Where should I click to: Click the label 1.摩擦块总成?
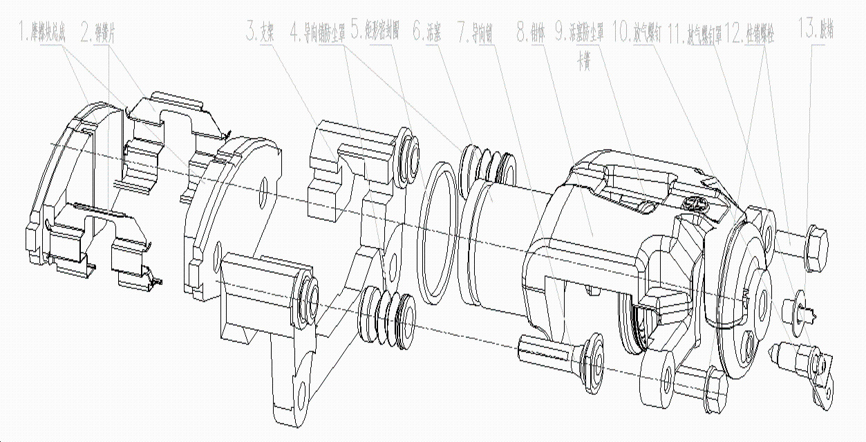(x=43, y=33)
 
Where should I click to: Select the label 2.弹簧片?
(x=97, y=33)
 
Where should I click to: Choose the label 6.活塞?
(x=426, y=33)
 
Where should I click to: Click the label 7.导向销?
(x=475, y=33)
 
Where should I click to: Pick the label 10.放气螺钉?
(x=636, y=33)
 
